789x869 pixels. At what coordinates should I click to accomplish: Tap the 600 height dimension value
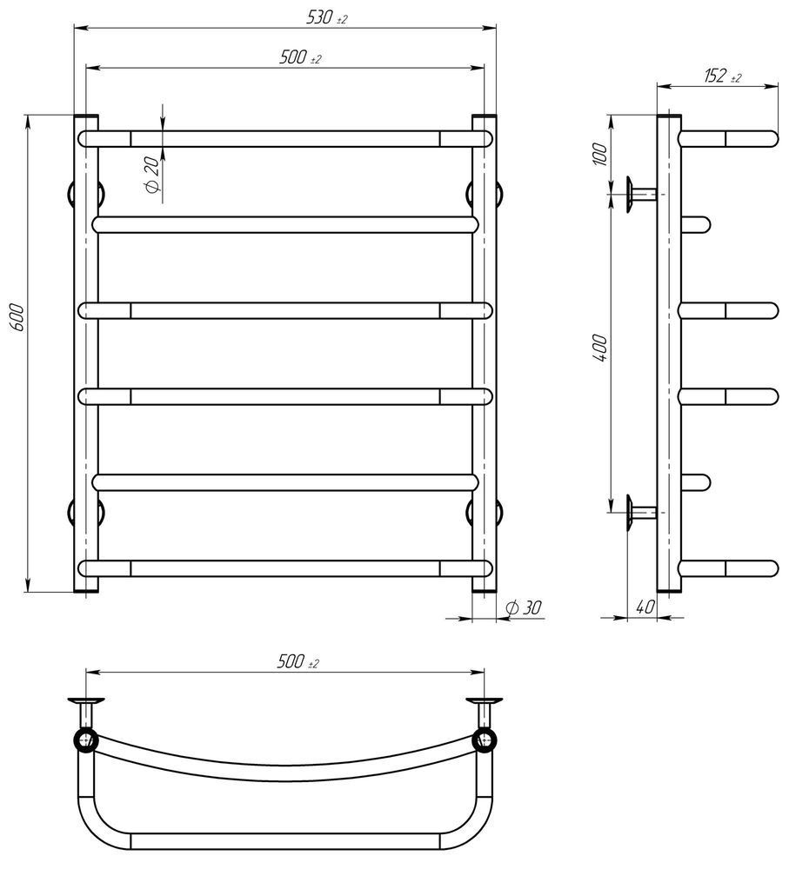tap(17, 317)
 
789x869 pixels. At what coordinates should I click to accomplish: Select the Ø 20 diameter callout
tap(152, 175)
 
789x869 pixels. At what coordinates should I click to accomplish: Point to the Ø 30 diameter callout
tap(524, 608)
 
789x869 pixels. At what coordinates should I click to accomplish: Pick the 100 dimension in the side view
tap(599, 154)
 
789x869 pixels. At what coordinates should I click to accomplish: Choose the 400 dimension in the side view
tap(599, 348)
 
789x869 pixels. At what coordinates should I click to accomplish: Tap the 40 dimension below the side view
tap(645, 607)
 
